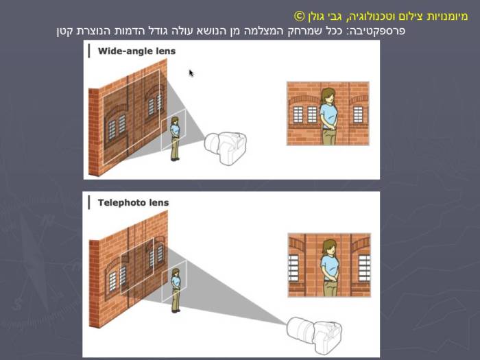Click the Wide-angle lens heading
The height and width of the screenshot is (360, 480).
coord(136,51)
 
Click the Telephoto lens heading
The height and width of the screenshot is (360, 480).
coord(133,203)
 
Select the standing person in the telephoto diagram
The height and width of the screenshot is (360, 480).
coord(176,289)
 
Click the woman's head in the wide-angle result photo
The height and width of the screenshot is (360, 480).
coord(328,96)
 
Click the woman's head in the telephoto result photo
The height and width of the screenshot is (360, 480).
coord(330,248)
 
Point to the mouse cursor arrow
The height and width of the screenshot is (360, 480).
coord(191,72)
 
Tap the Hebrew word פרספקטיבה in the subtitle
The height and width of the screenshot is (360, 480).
coord(380,31)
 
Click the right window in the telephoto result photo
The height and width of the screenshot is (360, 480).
coord(363,267)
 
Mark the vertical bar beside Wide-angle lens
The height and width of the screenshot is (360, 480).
coord(88,51)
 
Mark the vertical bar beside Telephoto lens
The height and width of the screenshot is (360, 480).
coord(88,202)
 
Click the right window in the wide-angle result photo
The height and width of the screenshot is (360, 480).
coord(358,113)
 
